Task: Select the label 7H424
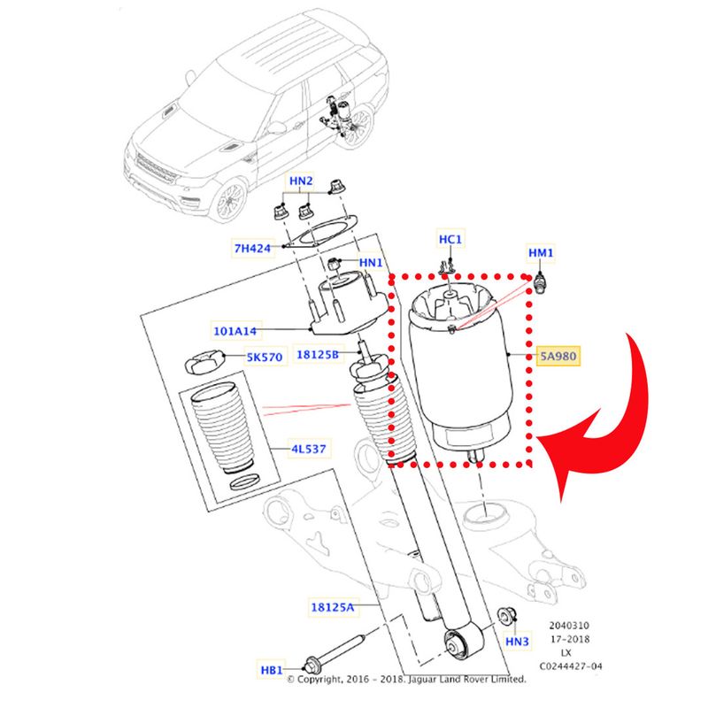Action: point(253,248)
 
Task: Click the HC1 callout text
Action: point(450,240)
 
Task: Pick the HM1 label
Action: point(541,254)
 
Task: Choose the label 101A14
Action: point(234,332)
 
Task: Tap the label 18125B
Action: point(318,354)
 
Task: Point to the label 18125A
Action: point(332,607)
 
